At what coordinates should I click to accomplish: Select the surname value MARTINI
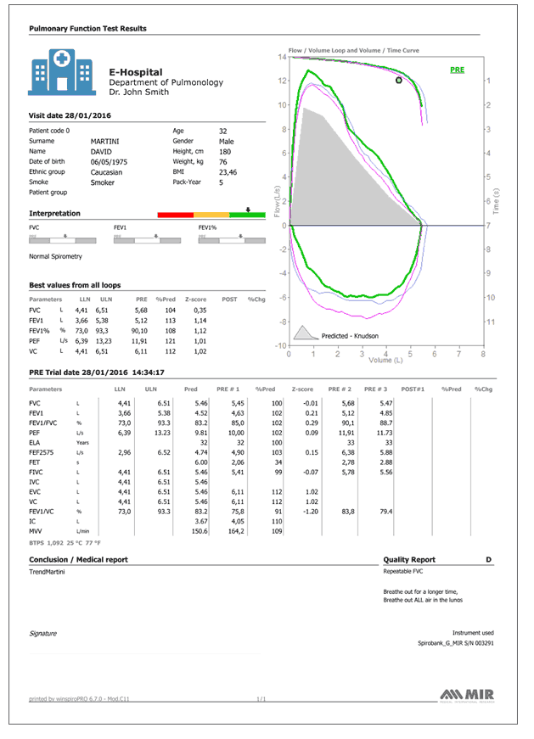click(105, 142)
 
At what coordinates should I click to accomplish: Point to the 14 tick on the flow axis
click(283, 57)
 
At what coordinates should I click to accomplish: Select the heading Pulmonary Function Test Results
click(87, 28)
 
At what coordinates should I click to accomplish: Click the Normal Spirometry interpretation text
click(55, 255)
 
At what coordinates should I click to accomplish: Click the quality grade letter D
click(488, 560)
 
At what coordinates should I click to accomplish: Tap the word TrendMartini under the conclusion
click(47, 574)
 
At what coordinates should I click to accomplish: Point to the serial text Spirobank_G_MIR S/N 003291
click(456, 644)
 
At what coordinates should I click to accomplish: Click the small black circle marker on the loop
click(399, 81)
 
